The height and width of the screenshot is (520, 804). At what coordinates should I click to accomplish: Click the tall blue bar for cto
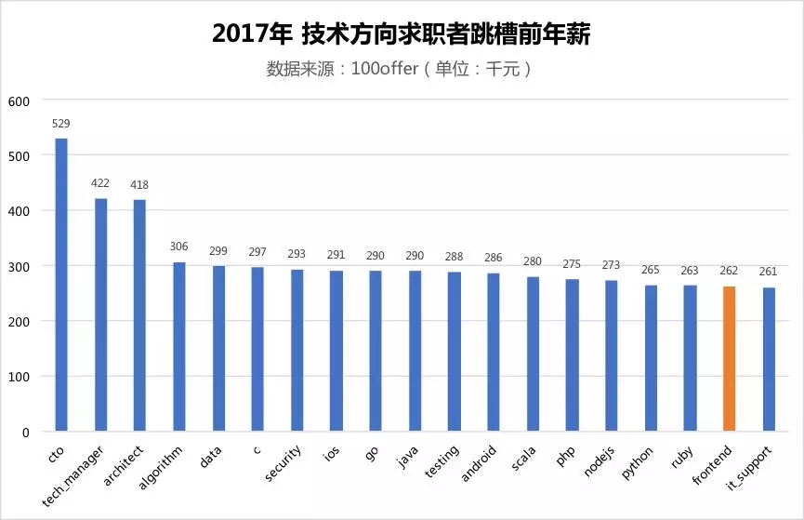pos(61,285)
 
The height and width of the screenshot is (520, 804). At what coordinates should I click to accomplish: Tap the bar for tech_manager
pos(100,314)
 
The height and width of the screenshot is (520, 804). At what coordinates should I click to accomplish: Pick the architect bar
pos(139,315)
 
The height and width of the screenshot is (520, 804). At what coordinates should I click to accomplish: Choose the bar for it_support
pos(769,359)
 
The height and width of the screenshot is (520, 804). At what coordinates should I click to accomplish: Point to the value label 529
pos(61,124)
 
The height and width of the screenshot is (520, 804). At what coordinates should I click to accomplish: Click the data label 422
pos(100,183)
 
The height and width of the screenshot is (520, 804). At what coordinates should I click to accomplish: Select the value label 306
pos(179,247)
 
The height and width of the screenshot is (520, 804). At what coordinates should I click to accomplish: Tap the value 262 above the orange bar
pos(730,271)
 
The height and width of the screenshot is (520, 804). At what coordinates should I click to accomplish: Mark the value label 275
pos(573,264)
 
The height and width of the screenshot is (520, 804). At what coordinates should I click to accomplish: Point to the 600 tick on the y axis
pos(20,100)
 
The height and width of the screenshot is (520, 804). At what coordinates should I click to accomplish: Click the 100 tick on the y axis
pos(20,377)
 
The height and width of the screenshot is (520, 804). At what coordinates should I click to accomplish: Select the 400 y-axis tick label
pos(20,211)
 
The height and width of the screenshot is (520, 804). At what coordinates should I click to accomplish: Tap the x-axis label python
pos(638,460)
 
